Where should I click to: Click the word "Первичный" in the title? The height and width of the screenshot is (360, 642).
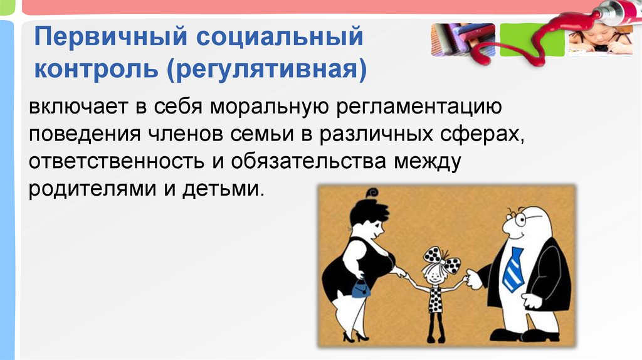pos(110,38)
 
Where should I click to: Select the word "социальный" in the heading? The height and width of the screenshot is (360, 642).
pos(280,37)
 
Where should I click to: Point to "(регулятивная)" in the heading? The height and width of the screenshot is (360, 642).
pos(266,70)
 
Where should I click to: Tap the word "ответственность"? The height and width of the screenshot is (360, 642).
pos(117,161)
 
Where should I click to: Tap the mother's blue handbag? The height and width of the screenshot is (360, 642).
pos(360,289)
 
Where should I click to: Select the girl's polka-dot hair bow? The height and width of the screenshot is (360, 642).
pos(442,260)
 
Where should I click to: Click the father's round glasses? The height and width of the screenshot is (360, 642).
pos(517,218)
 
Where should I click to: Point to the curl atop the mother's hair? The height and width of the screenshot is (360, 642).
pos(372,193)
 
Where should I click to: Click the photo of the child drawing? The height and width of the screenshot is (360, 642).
pos(601,39)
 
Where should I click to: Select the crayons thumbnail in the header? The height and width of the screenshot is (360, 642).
pos(463,40)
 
